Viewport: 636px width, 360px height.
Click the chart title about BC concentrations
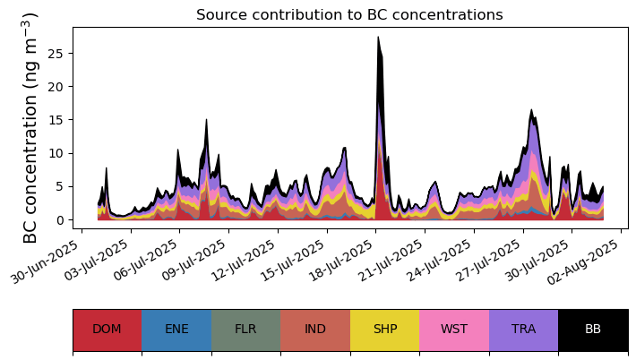[x=349, y=14]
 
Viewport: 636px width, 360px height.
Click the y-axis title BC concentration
[x=30, y=128]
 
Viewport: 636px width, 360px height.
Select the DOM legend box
[x=107, y=329]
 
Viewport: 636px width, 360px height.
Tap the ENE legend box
[x=176, y=329]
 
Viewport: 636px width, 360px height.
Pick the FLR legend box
[x=245, y=329]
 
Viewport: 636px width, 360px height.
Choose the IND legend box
[x=315, y=329]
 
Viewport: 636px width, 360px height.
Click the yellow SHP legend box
[x=384, y=329]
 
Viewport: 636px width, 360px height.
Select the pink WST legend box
[x=454, y=329]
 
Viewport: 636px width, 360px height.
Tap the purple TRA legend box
[x=523, y=329]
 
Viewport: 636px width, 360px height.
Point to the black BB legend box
[x=593, y=329]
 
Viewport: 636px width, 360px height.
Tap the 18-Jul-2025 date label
[x=341, y=260]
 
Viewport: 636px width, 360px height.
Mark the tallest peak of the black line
[x=378, y=38]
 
